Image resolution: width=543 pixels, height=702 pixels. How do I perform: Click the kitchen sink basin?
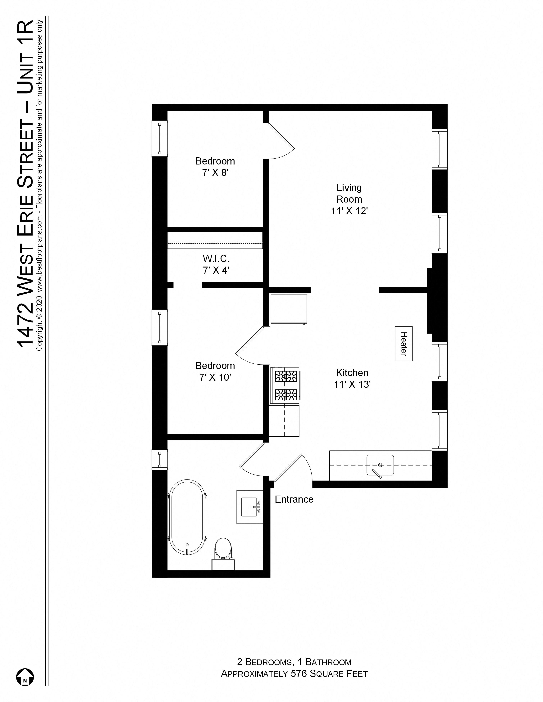(x=380, y=465)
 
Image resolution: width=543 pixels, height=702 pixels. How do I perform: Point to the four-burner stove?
(x=285, y=385)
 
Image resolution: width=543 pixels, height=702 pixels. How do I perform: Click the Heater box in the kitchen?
(x=404, y=344)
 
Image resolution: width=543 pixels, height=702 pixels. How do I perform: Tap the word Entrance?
(x=294, y=499)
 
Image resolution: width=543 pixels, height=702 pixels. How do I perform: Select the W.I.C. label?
(x=216, y=259)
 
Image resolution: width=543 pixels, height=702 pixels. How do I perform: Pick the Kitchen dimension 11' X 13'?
(x=352, y=385)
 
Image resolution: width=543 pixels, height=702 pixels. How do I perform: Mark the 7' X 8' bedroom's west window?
(x=160, y=138)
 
